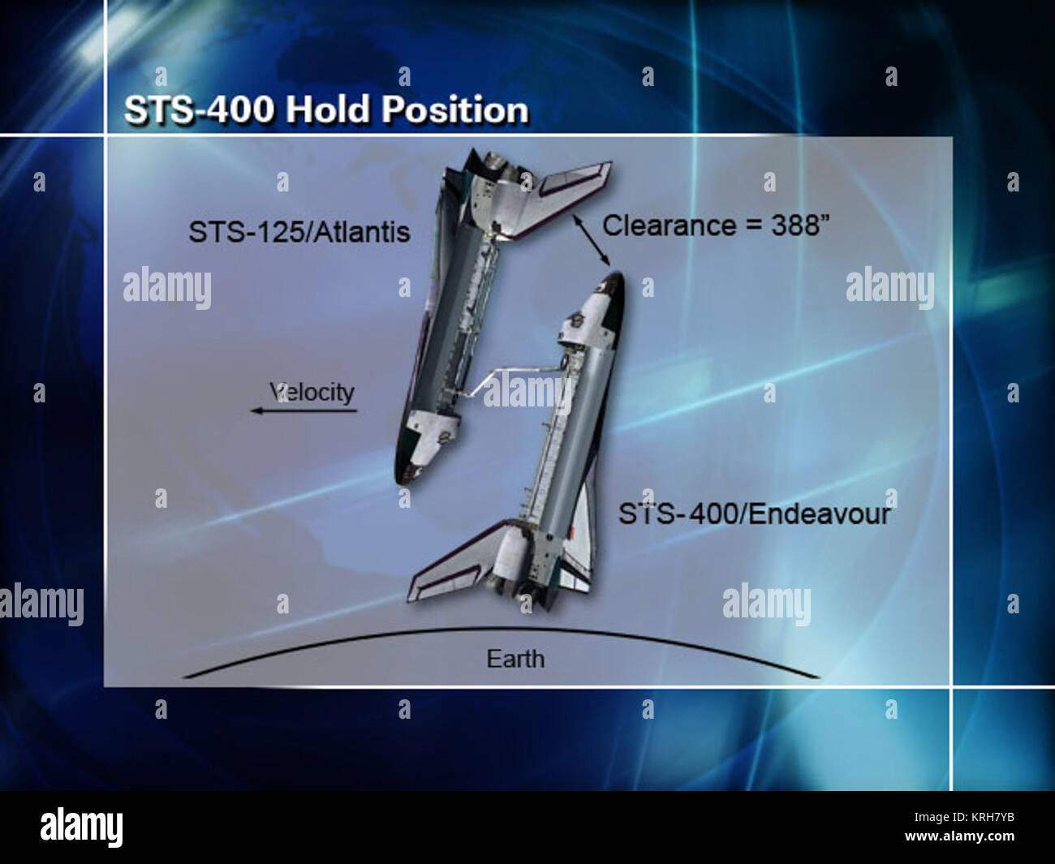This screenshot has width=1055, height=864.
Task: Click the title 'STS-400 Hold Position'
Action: pyautogui.click(x=325, y=110)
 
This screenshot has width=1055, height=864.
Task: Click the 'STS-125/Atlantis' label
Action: pyautogui.click(x=299, y=232)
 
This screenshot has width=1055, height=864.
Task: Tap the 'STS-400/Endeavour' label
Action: pyautogui.click(x=754, y=514)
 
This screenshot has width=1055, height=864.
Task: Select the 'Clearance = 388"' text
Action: pyautogui.click(x=716, y=226)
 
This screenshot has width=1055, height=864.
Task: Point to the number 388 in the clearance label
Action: pyautogui.click(x=794, y=226)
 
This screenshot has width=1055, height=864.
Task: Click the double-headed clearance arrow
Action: pyautogui.click(x=591, y=240)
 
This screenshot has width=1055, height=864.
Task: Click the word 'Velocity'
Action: pyautogui.click(x=312, y=393)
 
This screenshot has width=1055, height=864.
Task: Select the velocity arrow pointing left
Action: pyautogui.click(x=304, y=411)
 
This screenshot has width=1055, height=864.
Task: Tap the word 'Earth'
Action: pyautogui.click(x=515, y=659)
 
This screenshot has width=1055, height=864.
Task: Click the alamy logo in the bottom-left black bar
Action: pyautogui.click(x=81, y=827)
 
